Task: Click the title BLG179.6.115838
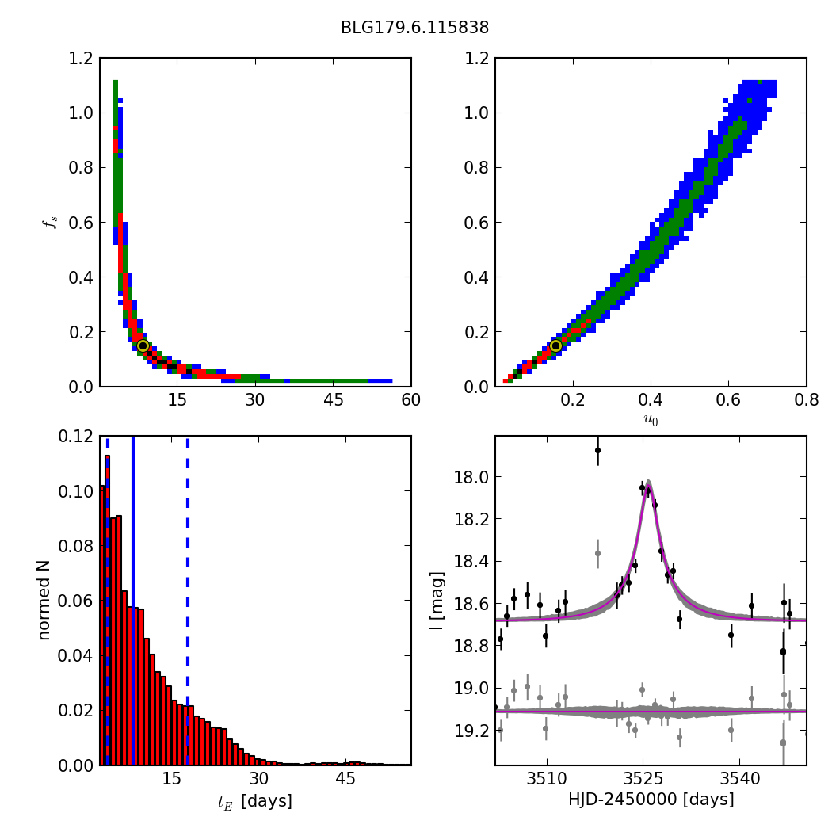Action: click(414, 28)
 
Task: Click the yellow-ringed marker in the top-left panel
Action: click(143, 345)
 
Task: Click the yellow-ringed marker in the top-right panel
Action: click(555, 345)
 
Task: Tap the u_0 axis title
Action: click(651, 419)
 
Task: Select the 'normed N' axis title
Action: click(44, 600)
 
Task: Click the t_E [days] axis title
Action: click(255, 801)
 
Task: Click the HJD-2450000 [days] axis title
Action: click(651, 800)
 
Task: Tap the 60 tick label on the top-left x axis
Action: click(410, 401)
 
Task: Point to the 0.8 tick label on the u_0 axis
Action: click(806, 401)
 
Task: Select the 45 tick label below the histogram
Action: click(345, 780)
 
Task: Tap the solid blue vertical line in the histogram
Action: click(133, 600)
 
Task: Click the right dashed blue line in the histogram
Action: click(188, 600)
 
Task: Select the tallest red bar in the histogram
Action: click(107, 610)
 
